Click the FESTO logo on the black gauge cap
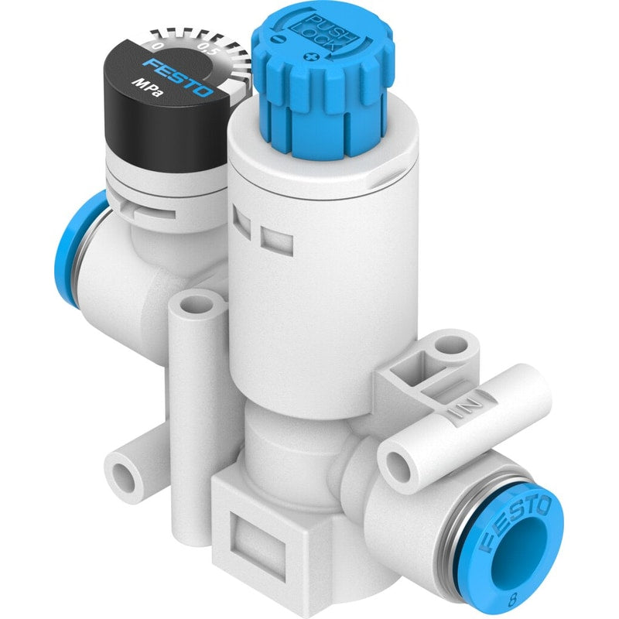[178, 78]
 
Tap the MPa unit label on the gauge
[146, 87]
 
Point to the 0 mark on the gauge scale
[158, 46]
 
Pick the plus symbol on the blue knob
[312, 58]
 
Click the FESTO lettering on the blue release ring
[516, 523]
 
